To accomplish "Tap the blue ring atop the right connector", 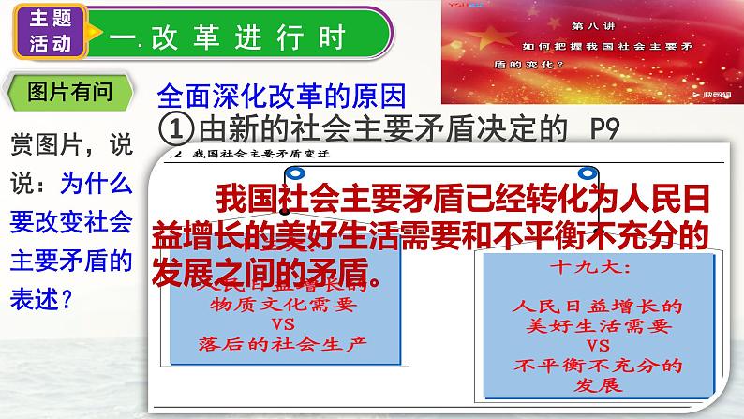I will [x=590, y=171].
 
